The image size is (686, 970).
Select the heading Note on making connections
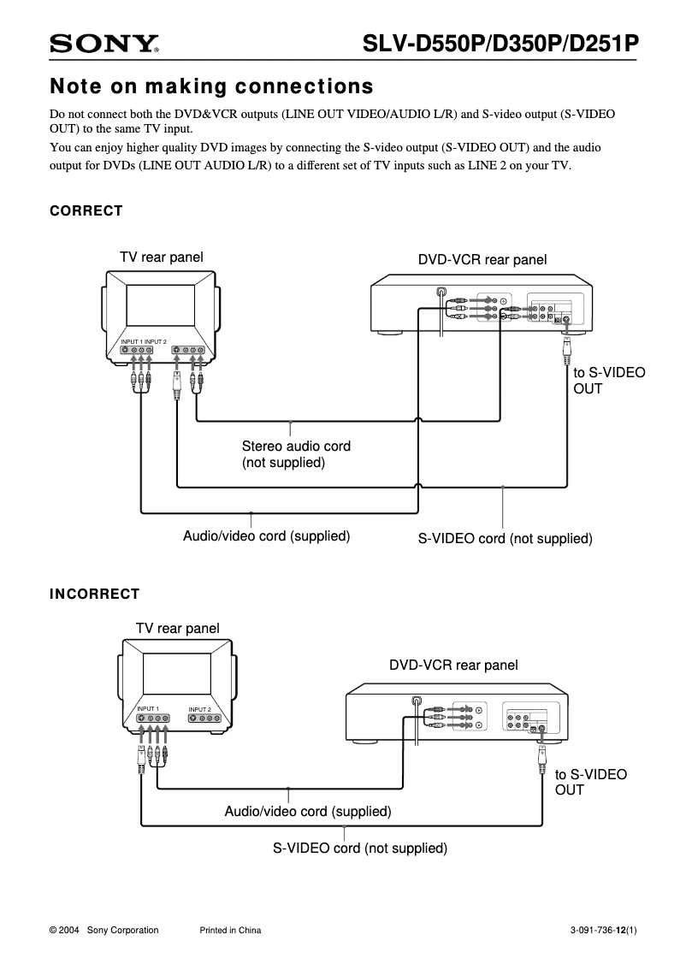211,87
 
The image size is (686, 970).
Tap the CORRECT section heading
86,211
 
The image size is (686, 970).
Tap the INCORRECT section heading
94,594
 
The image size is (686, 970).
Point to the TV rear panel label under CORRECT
161,257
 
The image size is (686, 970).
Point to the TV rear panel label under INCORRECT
177,628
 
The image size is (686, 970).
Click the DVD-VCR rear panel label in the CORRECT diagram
482,259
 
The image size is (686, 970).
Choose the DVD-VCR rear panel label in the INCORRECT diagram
453,665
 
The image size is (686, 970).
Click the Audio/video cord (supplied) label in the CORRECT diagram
267,536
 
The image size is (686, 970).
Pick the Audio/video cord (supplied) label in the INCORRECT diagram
308,811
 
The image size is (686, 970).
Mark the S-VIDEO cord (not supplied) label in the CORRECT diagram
505,539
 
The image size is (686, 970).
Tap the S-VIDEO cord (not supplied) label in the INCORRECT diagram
360,849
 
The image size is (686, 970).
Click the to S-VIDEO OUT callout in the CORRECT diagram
608,381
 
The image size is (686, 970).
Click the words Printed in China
230,931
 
